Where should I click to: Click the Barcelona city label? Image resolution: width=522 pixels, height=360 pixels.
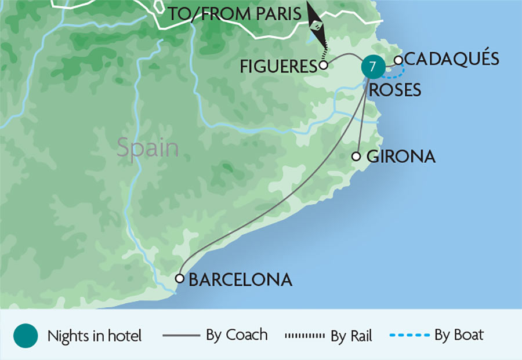(x=240, y=280)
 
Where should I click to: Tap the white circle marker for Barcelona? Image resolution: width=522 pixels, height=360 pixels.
(x=180, y=278)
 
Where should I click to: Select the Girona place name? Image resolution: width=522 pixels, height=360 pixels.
(x=401, y=157)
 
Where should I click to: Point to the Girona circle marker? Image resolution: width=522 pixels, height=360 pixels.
(x=356, y=156)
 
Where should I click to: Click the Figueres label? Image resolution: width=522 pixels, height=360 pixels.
(x=277, y=67)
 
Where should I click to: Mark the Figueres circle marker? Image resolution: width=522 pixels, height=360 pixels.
(x=324, y=65)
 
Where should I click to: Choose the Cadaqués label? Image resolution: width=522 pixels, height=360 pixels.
(x=451, y=59)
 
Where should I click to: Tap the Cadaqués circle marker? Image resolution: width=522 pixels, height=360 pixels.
(x=398, y=60)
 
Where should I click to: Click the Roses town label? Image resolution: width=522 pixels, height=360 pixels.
(x=395, y=90)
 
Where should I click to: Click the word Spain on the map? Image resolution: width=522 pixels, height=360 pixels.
(x=148, y=148)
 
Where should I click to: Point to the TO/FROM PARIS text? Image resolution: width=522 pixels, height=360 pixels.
(x=235, y=14)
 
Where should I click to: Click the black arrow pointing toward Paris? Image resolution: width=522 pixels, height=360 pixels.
(x=316, y=22)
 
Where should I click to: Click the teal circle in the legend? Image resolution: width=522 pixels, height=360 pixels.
(x=25, y=335)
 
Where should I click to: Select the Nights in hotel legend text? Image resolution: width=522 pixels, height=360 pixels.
(x=95, y=336)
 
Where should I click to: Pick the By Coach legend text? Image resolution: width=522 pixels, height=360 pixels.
(x=237, y=335)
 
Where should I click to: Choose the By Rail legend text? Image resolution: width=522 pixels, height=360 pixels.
(x=351, y=336)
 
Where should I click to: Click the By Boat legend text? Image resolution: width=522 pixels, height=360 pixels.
(x=459, y=335)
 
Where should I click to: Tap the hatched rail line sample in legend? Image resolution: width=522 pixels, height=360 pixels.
(x=304, y=336)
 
